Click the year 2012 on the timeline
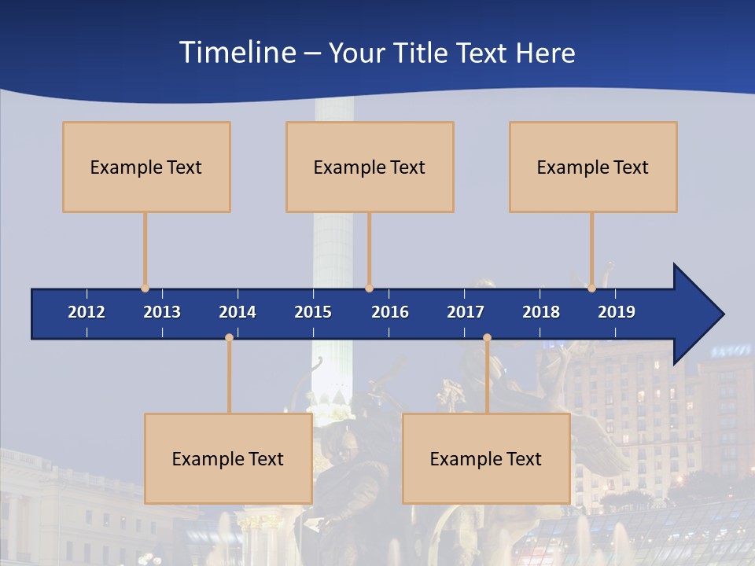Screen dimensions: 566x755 (x=87, y=312)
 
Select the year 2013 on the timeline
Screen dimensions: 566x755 (x=162, y=312)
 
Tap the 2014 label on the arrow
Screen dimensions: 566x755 (x=238, y=312)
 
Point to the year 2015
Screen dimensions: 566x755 (x=313, y=312)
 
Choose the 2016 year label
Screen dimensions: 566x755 (x=390, y=312)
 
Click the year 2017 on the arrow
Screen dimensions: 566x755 (x=466, y=312)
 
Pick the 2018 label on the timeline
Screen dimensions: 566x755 (x=541, y=312)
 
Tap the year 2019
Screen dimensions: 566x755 (x=617, y=312)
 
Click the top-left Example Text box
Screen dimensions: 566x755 (x=146, y=167)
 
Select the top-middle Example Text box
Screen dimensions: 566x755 (x=370, y=167)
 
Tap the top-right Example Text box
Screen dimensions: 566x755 (x=593, y=167)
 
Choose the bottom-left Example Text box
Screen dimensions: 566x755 (x=228, y=458)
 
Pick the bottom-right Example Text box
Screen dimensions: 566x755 (x=486, y=458)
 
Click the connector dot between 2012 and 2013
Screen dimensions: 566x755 (x=145, y=289)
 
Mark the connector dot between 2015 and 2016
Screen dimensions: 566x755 (x=369, y=289)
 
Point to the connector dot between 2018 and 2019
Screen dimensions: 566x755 (x=591, y=289)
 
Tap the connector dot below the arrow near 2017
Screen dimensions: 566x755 (x=487, y=338)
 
